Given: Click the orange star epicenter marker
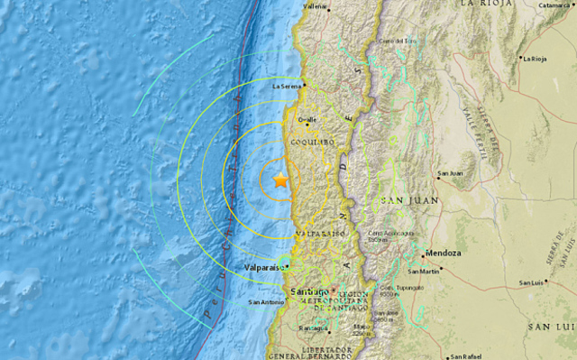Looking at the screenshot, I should tap(280, 180).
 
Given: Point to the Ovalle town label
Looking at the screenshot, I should tap(307, 119).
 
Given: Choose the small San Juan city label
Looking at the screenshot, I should tap(450, 173).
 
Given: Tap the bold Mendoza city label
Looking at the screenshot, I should tap(444, 254).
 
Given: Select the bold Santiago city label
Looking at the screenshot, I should tap(309, 291).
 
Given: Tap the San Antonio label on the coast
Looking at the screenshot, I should tap(269, 301).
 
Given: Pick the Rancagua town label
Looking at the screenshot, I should tap(312, 328).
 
